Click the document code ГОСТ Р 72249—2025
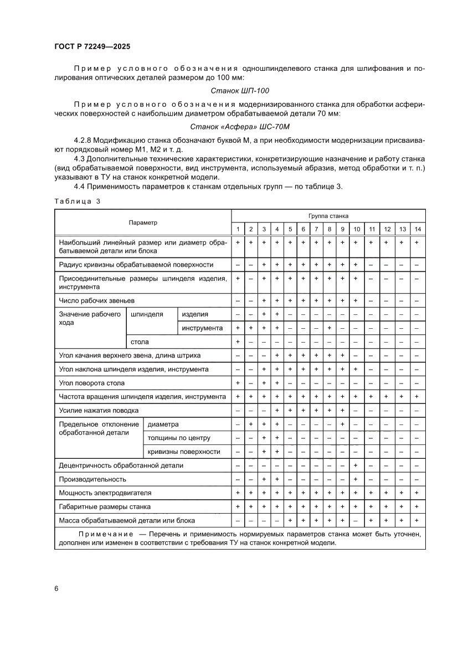pyautogui.click(x=92, y=48)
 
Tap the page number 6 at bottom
pyautogui.click(x=56, y=588)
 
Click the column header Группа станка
pyautogui.click(x=328, y=216)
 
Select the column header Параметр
pyautogui.click(x=143, y=222)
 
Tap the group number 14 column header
pyautogui.click(x=418, y=229)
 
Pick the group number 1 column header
pyautogui.click(x=238, y=229)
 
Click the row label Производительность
pyautogui.click(x=92, y=479)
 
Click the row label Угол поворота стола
pyautogui.click(x=92, y=383)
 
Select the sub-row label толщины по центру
pyautogui.click(x=179, y=438)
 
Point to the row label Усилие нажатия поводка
pyautogui.click(x=99, y=410)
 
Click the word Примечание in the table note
pyautogui.click(x=106, y=534)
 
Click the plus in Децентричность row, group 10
pyautogui.click(x=357, y=465)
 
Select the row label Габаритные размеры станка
pyautogui.click(x=105, y=506)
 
